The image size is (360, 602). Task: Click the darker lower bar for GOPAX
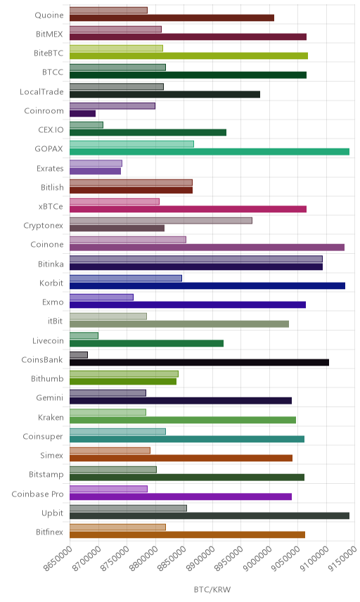(x=210, y=152)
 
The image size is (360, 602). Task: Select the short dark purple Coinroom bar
(x=82, y=113)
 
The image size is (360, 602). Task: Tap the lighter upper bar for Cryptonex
(x=161, y=220)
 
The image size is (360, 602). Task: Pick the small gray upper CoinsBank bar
(x=79, y=354)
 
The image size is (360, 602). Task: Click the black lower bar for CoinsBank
(x=199, y=362)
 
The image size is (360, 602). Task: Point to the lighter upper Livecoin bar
(x=84, y=335)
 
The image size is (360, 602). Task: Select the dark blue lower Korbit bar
(x=207, y=286)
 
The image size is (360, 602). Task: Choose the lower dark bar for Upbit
(x=210, y=515)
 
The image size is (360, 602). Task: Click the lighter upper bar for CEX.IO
(x=86, y=124)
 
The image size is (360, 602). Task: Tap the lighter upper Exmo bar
(x=102, y=297)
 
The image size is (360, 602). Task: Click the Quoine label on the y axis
(x=49, y=15)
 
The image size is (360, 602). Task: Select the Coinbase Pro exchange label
(x=37, y=494)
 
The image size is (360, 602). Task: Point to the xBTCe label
(x=51, y=207)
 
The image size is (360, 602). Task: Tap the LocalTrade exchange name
(x=41, y=91)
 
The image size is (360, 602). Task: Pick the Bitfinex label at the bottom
(x=49, y=532)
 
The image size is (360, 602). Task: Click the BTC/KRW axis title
(x=212, y=590)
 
